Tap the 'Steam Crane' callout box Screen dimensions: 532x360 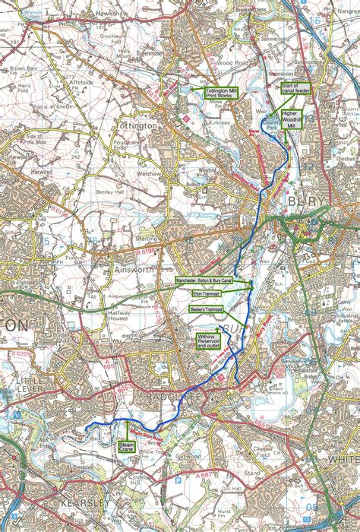point(127,448)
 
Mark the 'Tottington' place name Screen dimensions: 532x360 point(137,124)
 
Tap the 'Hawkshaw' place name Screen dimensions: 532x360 point(105,14)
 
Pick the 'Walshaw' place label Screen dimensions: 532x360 point(157,173)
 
